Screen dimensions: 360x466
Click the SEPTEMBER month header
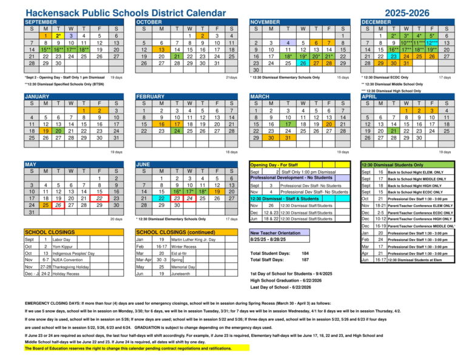coord(41,21)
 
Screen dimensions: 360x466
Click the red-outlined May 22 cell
coord(100,198)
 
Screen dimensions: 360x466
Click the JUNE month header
coord(143,164)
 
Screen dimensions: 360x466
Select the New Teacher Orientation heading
coord(275,233)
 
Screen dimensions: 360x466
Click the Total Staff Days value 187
coord(305,260)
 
